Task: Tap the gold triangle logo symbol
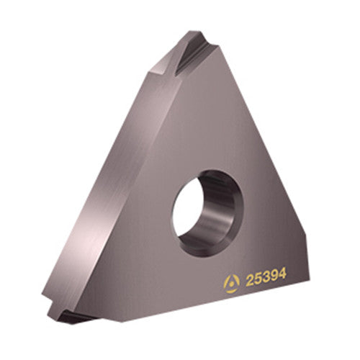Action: pos(231,284)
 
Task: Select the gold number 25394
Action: pos(266,277)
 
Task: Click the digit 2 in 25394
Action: pos(249,281)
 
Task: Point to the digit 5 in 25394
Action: pos(258,279)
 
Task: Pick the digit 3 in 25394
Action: pos(266,277)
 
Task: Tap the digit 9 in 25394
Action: pos(274,276)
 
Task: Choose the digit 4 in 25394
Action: pos(282,274)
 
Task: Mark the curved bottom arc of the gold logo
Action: pos(231,292)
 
